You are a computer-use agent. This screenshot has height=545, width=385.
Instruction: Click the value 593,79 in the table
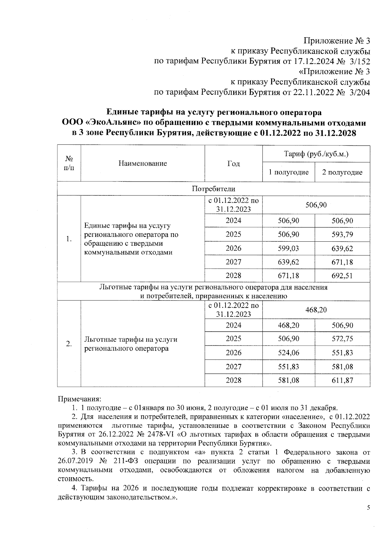342,235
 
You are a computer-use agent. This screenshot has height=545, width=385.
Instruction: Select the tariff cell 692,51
342,276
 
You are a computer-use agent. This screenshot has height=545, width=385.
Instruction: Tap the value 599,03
288,248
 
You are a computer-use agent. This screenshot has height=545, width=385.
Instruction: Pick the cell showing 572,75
342,339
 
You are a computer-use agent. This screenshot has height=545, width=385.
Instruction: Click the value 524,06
288,353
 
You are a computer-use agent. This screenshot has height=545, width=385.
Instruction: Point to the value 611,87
342,380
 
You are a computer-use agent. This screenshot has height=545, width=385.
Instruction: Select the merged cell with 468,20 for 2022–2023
316,310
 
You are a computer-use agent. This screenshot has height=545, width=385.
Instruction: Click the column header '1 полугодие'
288,172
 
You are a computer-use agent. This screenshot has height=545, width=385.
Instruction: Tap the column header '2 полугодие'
342,172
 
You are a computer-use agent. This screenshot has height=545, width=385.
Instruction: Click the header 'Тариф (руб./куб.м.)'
316,154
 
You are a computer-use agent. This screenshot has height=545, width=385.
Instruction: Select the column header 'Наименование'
142,163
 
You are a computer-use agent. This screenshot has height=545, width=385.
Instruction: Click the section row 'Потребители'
213,189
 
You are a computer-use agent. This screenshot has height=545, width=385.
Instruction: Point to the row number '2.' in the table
69,344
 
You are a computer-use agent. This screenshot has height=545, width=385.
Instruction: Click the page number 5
368,508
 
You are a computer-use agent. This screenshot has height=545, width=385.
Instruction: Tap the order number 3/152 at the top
359,61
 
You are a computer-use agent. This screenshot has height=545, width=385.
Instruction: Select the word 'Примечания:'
79,399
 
